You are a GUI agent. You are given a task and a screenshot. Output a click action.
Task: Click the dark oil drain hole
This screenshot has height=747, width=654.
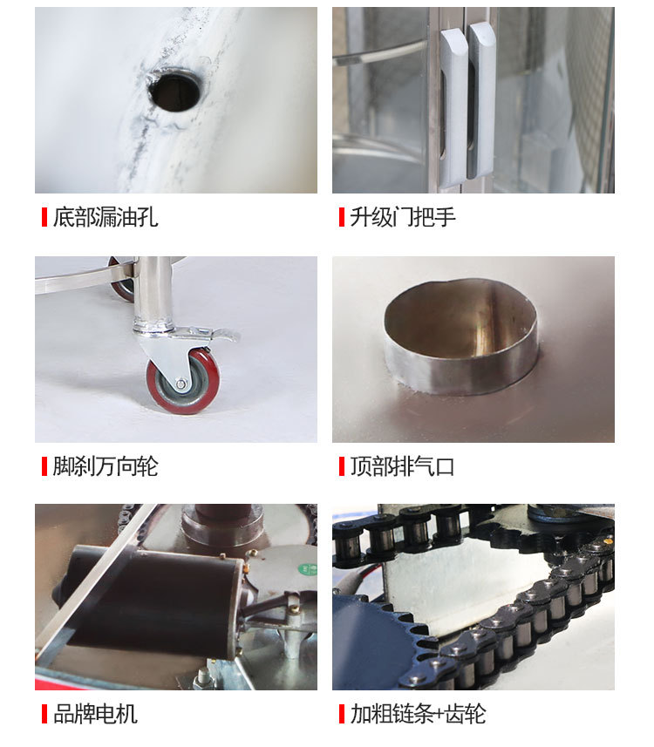pos(174,88)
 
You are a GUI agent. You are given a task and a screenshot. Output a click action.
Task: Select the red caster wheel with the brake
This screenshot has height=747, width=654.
pos(183,381)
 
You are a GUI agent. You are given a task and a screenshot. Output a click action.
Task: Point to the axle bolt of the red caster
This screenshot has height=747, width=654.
pos(181,384)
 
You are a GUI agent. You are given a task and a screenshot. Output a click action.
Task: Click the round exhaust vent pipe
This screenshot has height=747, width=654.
pos(461,336)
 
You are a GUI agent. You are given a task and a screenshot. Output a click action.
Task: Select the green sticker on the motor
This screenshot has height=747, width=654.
pos(306,569)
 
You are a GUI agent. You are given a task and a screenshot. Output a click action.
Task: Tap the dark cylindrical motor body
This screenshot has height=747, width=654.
pos(147,601)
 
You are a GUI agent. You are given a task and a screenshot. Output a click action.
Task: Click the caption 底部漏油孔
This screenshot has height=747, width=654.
pos(106,217)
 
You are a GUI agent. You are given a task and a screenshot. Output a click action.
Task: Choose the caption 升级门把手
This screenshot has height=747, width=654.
pos(403,217)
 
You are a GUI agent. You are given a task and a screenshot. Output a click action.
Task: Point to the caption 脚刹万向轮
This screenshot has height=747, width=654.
pos(106,466)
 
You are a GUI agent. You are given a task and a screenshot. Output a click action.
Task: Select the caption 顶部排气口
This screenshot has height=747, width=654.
pos(402,466)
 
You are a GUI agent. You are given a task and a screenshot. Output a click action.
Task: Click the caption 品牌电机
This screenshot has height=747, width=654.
pos(95,714)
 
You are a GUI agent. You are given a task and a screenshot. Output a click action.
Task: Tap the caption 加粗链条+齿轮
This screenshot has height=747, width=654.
pos(418,714)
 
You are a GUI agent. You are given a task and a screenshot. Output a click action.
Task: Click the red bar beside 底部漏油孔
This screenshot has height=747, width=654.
pos(44,217)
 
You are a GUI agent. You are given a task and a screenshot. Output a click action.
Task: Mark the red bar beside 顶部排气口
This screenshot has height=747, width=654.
pos(342,466)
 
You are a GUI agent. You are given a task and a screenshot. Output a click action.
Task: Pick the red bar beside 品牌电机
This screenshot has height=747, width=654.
pos(44,714)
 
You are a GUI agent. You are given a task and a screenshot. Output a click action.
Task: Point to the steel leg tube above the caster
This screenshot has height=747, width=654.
pos(153,293)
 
